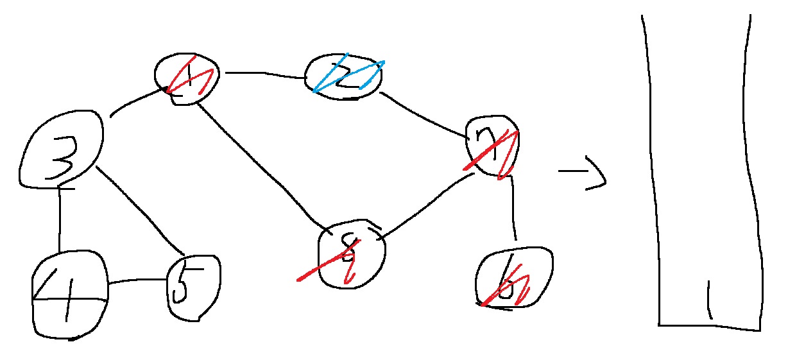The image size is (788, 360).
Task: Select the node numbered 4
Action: tap(69, 295)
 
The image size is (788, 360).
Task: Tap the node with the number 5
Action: tap(193, 287)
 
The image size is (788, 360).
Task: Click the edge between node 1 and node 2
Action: tap(263, 74)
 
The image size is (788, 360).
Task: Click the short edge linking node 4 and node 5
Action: tap(137, 281)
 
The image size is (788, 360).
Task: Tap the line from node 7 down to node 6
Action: tap(513, 209)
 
